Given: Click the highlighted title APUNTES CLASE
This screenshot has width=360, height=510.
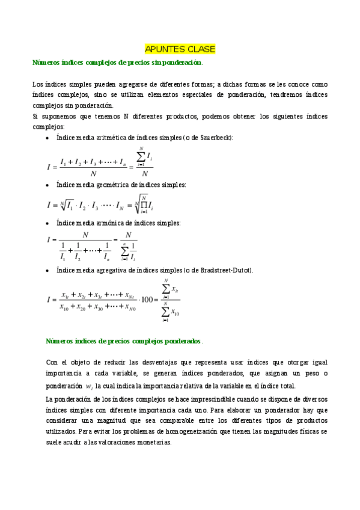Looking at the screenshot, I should click(180, 49).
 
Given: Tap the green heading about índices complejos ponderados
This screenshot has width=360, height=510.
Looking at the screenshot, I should click(124, 341).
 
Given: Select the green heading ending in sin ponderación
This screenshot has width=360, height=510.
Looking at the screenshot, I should click(117, 63).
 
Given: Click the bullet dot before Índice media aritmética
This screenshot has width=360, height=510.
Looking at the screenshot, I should click(48, 138).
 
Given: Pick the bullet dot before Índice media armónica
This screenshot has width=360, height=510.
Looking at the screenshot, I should click(48, 224).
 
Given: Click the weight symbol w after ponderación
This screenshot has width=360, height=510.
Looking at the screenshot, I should click(90, 387).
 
